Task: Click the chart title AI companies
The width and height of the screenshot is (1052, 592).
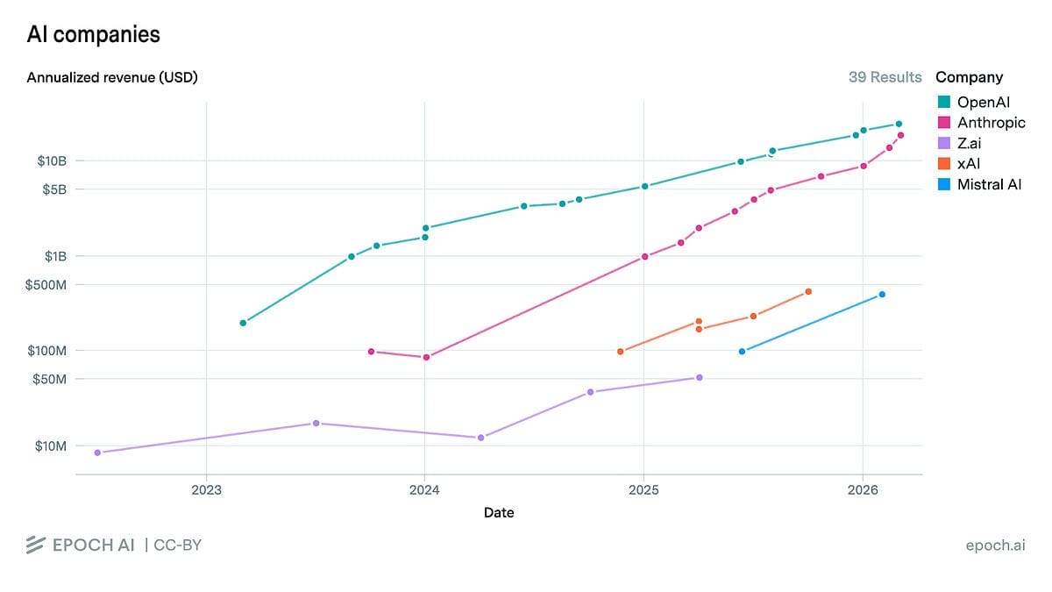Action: (93, 34)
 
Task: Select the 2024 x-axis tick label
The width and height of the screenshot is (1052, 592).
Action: (424, 490)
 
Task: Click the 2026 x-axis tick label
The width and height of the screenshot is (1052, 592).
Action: (863, 490)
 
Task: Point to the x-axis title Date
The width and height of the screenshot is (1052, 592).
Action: (499, 512)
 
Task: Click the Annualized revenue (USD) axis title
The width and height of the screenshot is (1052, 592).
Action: (112, 77)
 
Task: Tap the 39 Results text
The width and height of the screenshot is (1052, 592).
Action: (885, 77)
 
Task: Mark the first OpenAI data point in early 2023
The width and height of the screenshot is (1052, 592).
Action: (243, 323)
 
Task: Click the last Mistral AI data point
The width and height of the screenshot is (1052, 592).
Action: (882, 295)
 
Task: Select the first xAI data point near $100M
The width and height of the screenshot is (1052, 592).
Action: (621, 352)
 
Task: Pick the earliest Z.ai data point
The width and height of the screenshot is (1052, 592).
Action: (97, 453)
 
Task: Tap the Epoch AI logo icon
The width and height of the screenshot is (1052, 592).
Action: (35, 545)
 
